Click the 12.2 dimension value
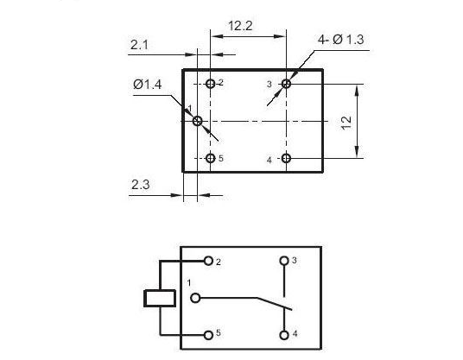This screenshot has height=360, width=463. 240,26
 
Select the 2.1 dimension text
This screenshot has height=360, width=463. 139,45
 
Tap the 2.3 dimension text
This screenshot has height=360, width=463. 140,185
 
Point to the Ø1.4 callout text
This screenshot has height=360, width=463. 148,85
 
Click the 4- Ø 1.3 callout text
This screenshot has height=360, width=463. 341,40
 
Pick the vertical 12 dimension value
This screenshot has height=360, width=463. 346,123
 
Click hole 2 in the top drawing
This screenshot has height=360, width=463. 210,84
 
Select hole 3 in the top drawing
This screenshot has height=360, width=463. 286,84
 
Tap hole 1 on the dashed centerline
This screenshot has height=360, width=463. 197,121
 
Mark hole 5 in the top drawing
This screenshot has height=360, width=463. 210,159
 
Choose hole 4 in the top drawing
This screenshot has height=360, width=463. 286,159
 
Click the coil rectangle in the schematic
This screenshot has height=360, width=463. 160,299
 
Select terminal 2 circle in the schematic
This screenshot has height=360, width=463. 208,261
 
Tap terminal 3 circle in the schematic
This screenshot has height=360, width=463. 284,261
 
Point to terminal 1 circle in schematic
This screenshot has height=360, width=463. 195,298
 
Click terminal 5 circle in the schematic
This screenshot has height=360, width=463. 208,335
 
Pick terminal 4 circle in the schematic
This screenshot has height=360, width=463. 284,335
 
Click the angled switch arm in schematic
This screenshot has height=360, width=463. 274,304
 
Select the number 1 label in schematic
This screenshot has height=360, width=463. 189,283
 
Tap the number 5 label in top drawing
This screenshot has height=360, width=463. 221,159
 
